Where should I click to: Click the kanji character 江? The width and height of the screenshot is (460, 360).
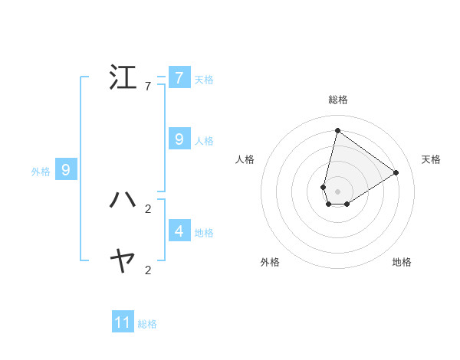(123, 78)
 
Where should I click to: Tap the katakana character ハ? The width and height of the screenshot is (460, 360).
(123, 200)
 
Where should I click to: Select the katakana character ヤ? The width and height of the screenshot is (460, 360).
(123, 261)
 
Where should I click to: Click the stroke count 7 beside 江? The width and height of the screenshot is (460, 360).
(148, 87)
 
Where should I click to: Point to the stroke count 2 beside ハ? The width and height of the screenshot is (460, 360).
(148, 208)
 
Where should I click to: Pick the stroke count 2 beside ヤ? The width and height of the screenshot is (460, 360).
(148, 270)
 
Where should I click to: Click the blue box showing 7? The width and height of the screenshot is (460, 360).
(179, 78)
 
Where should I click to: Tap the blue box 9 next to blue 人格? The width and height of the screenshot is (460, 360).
(179, 139)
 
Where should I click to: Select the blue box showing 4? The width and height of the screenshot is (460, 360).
(179, 231)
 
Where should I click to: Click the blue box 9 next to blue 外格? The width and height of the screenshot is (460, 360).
(66, 170)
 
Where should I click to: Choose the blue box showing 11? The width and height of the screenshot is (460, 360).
(123, 322)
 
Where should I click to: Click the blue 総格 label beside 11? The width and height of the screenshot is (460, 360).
(147, 324)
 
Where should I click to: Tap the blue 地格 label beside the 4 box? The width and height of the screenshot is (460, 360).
(204, 232)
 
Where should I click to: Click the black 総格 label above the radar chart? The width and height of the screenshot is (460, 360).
(337, 100)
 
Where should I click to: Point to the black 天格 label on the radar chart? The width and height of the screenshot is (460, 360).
(431, 159)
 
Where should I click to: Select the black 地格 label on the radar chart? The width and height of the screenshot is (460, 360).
(402, 262)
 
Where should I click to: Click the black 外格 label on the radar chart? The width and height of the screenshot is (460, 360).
(270, 262)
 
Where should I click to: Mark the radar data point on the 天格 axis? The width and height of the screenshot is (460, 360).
(396, 172)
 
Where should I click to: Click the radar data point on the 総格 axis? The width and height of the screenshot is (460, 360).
(337, 130)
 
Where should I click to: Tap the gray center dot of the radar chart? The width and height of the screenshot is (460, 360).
(337, 191)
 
